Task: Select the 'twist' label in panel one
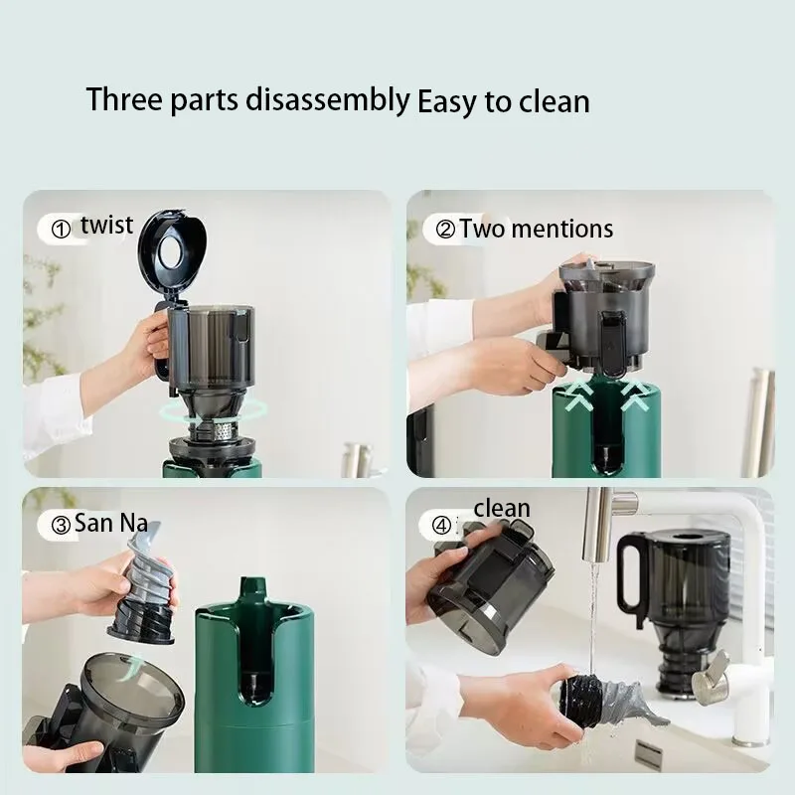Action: [x=107, y=225]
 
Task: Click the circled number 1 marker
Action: [x=62, y=230]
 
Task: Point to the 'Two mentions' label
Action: [x=536, y=230]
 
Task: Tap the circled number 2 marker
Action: [x=445, y=231]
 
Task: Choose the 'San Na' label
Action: [x=110, y=523]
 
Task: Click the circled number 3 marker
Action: [x=61, y=524]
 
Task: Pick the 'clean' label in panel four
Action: [x=502, y=509]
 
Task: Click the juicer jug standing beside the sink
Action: [x=676, y=596]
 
